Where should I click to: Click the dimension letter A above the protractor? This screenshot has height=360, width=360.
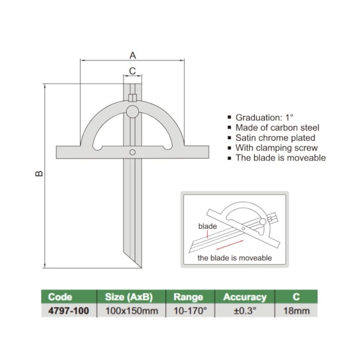[x=133, y=55]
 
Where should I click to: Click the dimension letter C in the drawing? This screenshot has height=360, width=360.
[x=132, y=70]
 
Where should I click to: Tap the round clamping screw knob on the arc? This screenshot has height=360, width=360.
[x=132, y=112]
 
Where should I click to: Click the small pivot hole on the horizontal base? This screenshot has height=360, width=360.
[x=132, y=152]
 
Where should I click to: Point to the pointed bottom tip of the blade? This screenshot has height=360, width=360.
[x=138, y=265]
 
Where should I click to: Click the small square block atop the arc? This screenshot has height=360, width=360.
[x=132, y=98]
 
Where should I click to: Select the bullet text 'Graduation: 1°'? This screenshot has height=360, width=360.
[x=264, y=117]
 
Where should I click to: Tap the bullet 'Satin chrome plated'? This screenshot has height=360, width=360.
[x=275, y=137]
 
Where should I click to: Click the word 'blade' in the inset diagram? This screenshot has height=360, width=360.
[x=208, y=227]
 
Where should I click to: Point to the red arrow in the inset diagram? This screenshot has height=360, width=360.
[x=227, y=244]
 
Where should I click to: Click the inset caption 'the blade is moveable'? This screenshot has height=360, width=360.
[x=234, y=258]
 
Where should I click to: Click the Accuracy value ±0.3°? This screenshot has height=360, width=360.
[x=245, y=311]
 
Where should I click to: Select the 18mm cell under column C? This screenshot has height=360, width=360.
[x=296, y=311]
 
